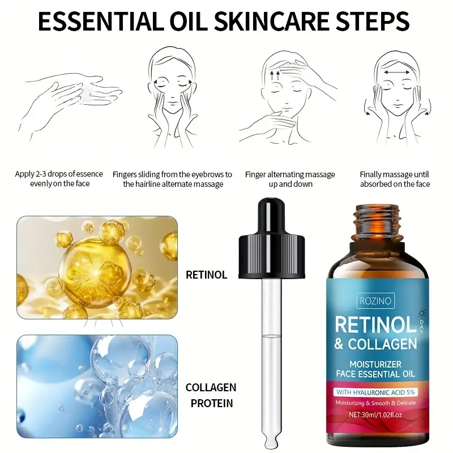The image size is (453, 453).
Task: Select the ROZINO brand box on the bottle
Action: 375,301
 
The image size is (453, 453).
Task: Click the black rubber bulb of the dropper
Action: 271,216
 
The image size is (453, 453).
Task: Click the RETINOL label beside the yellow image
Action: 206,275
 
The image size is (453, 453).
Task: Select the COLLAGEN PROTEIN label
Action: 211,395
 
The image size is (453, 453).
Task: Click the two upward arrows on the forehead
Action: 275,75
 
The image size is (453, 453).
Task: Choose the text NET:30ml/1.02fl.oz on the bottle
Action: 375,415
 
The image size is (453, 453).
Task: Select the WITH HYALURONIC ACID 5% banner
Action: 375,392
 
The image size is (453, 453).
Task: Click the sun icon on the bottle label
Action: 422,314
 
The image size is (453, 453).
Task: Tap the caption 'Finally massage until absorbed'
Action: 395,179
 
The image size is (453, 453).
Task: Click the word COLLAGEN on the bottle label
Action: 383,344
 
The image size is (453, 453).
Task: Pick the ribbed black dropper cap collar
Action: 272,256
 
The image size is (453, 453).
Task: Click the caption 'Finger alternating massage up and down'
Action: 290,179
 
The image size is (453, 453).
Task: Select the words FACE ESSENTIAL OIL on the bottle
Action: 375,374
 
